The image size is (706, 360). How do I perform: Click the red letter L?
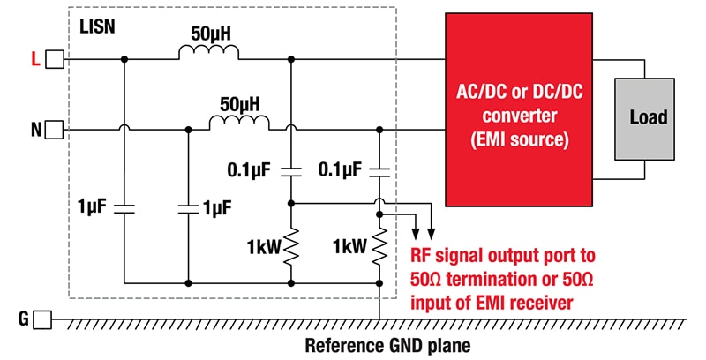pos(34,59)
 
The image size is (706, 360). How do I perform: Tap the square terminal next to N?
pos(55,131)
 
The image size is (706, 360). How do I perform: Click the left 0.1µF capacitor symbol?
pos(291,169)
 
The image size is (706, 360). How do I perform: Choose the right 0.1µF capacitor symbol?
pos(379,169)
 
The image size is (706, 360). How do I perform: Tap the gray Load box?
pos(649,117)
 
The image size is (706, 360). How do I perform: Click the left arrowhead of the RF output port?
pos(416,235)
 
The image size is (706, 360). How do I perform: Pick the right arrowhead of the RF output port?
pos(431,235)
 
